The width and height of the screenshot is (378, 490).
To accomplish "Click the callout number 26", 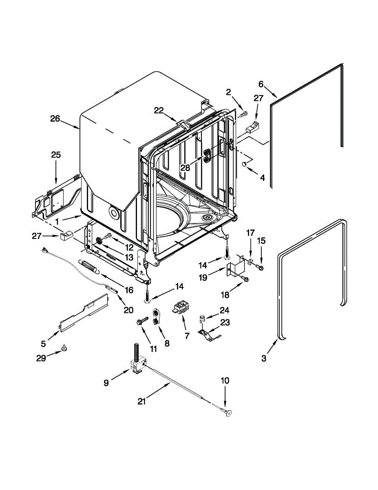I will pyautogui.click(x=55, y=119).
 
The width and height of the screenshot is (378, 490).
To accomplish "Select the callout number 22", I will pyautogui.click(x=159, y=110).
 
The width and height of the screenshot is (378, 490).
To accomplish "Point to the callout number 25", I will pyautogui.click(x=56, y=155).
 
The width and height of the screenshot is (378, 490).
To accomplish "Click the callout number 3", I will pyautogui.click(x=264, y=359).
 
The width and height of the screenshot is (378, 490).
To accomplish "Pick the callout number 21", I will pyautogui.click(x=141, y=401).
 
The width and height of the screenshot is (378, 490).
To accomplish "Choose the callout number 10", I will pyautogui.click(x=225, y=381).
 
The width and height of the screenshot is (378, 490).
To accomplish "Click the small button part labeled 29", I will pyautogui.click(x=64, y=347).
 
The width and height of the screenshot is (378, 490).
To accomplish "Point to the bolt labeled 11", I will pyautogui.click(x=143, y=321).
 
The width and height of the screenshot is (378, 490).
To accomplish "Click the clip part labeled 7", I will pyautogui.click(x=180, y=307).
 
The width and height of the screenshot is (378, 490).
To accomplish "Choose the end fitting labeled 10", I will pyautogui.click(x=227, y=413).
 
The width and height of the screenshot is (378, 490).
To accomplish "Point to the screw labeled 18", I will pyautogui.click(x=245, y=279).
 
